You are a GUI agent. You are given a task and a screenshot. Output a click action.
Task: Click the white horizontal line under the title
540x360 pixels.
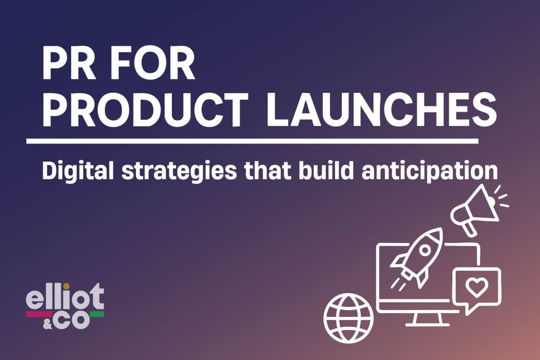point(252,141)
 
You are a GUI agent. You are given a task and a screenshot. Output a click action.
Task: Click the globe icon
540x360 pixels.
point(349,318)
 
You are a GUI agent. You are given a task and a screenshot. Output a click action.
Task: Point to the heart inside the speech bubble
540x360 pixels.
point(476,287)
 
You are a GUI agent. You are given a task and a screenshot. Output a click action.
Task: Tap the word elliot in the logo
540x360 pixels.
point(65,299)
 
